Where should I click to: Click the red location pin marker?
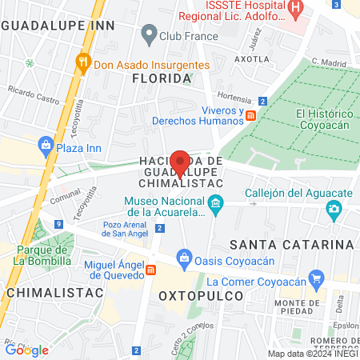pos(181,163)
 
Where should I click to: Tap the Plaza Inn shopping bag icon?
pos(46,146)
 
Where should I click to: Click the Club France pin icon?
pos(148,34)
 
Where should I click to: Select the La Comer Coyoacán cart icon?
pos(318,281)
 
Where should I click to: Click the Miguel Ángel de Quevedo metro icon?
pos(151,270)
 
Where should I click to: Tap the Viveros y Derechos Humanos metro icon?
pos(251,115)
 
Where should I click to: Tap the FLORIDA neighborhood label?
pos(162,78)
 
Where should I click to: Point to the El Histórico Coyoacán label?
pos(325,118)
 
